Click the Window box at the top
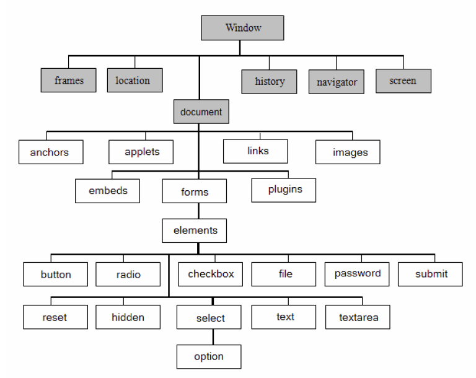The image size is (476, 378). pos(243,28)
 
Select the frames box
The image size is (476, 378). pos(69,81)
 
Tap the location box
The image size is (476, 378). pos(133,80)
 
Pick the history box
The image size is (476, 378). pos(270,81)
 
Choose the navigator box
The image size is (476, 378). pos(337,82)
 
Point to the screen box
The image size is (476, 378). pos(403,81)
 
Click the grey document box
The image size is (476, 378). pos(201,112)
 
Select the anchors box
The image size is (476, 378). pos(50,152)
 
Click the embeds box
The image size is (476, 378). pos(108,190)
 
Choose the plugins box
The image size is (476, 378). pos(283,190)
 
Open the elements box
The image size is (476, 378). pos(195,230)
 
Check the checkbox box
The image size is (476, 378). pos(211,274)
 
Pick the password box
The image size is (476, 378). pos(358,274)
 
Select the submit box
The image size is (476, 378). pos(430,274)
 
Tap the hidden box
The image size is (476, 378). pos(128,317)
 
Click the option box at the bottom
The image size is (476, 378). pos(209,357)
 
